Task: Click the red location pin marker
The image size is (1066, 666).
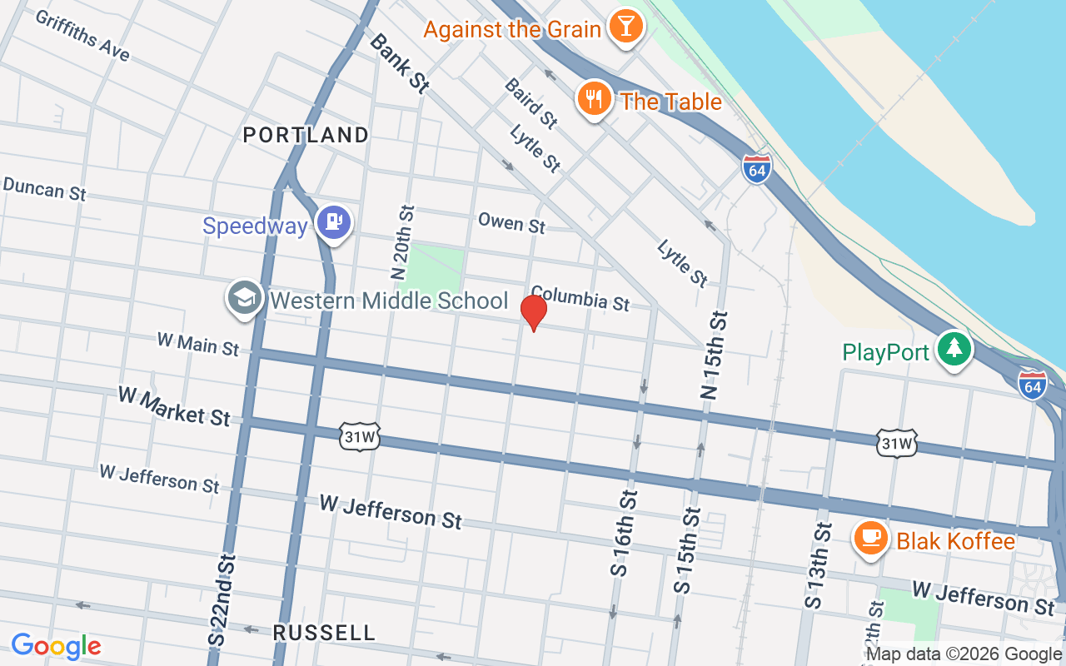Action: click(x=533, y=312)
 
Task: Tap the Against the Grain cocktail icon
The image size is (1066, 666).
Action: click(x=625, y=26)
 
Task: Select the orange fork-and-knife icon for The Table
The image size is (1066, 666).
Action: click(x=593, y=99)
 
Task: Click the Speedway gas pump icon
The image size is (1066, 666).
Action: click(x=335, y=222)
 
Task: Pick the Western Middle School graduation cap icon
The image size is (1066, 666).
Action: click(x=245, y=298)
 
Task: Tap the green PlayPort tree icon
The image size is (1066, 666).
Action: click(x=954, y=349)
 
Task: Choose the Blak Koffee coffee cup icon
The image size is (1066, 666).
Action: click(x=870, y=538)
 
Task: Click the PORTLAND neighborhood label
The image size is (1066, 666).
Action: click(x=306, y=135)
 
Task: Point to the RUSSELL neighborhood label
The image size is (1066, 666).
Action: click(x=324, y=633)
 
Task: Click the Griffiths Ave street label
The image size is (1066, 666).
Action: click(x=82, y=35)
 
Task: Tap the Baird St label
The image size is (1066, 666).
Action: click(x=531, y=103)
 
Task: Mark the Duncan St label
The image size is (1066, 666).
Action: click(x=44, y=188)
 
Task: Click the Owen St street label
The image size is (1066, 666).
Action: click(x=511, y=223)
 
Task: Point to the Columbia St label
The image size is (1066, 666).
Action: click(x=580, y=298)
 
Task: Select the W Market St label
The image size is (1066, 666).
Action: click(x=173, y=405)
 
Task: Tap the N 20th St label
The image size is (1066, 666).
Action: click(x=401, y=242)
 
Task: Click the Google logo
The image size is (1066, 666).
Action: click(x=56, y=646)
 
